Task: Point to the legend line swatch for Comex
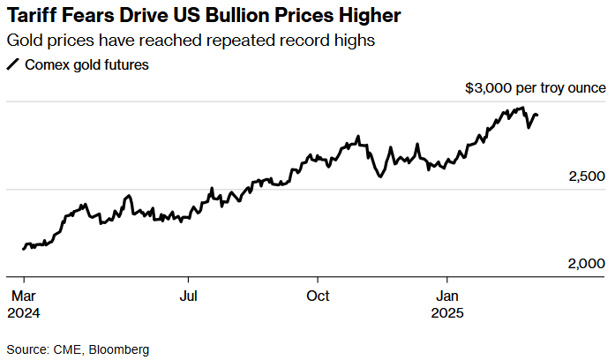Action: (12, 64)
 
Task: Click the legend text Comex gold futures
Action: (86, 64)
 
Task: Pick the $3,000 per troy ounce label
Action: (535, 88)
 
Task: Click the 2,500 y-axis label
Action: (587, 176)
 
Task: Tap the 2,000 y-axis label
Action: (587, 264)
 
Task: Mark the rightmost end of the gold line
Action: (538, 115)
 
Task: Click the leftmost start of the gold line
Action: (23, 249)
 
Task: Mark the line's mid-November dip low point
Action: (379, 176)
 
